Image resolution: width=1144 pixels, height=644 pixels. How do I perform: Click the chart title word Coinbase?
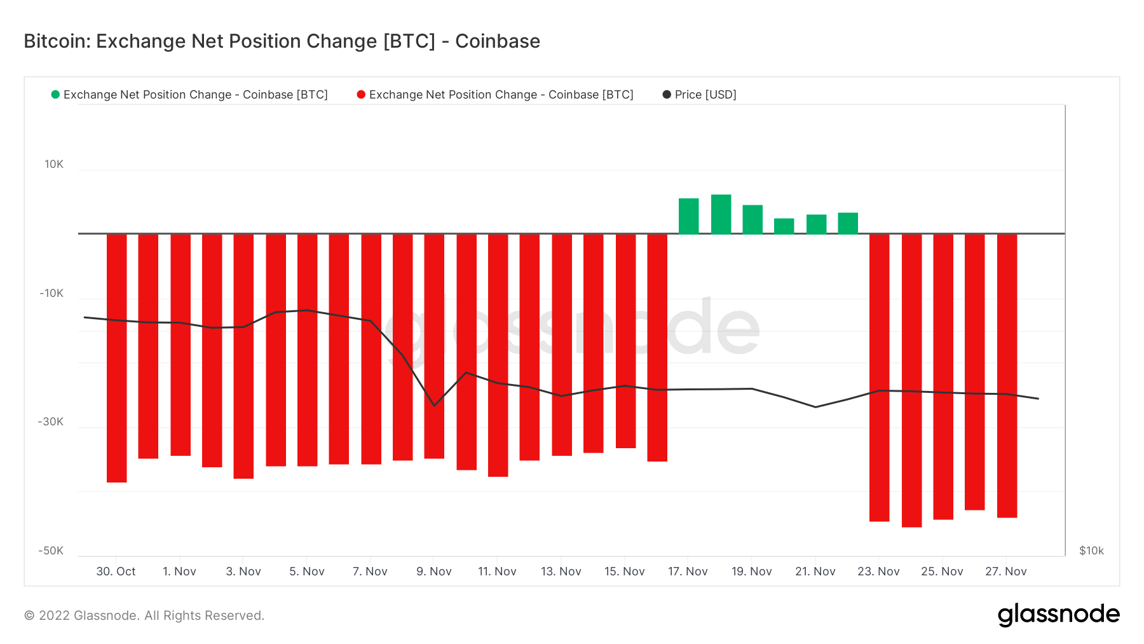pyautogui.click(x=497, y=41)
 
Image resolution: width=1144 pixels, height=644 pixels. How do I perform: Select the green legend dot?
pyautogui.click(x=55, y=95)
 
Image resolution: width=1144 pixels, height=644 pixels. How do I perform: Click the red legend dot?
pyautogui.click(x=361, y=95)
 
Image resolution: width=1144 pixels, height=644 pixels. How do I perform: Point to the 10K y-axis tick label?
pyautogui.click(x=54, y=164)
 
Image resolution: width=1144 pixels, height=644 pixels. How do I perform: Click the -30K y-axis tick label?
pyautogui.click(x=51, y=422)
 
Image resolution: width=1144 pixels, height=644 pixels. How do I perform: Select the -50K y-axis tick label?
pyautogui.click(x=51, y=551)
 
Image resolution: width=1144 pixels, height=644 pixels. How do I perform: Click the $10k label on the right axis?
pyautogui.click(x=1091, y=551)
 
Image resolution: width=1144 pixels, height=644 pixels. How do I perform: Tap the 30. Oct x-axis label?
pyautogui.click(x=116, y=572)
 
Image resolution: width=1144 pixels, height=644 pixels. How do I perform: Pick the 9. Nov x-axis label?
pyautogui.click(x=434, y=572)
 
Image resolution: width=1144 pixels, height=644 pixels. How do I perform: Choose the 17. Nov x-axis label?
pyautogui.click(x=688, y=572)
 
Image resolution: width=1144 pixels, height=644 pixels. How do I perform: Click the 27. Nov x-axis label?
pyautogui.click(x=1005, y=572)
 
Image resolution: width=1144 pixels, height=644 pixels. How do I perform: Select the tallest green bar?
pyautogui.click(x=721, y=214)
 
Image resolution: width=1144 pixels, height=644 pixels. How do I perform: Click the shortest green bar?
pyautogui.click(x=784, y=226)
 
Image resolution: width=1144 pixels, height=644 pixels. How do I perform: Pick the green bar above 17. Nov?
pyautogui.click(x=688, y=216)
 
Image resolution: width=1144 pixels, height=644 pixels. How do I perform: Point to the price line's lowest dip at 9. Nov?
pyautogui.click(x=435, y=405)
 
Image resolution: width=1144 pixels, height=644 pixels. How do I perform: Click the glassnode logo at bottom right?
pyautogui.click(x=1058, y=615)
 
